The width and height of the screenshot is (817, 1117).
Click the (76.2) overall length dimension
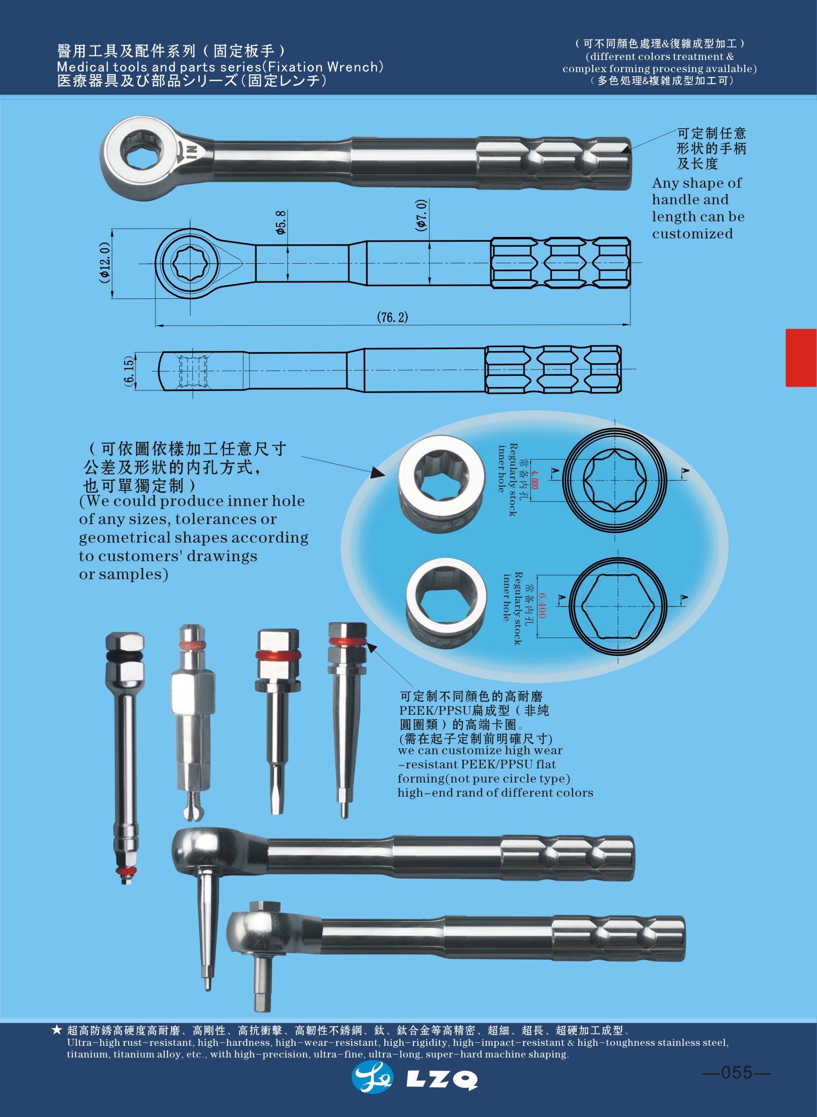pos(393,317)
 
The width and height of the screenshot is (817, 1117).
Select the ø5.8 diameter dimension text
pos(281,222)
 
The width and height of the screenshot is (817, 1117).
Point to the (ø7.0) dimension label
pos(421,216)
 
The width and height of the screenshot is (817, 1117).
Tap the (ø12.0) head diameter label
pos(104,262)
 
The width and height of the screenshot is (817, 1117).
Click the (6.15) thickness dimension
pos(129,371)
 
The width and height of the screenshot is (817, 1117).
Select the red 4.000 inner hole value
pos(534,480)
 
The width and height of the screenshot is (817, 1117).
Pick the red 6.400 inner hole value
pos(543,606)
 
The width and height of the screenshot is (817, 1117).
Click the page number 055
pos(737,1073)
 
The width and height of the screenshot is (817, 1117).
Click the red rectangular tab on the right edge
pos(801,358)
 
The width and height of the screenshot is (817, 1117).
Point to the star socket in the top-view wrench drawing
pos(190,263)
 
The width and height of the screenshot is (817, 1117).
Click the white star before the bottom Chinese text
pos(57,1030)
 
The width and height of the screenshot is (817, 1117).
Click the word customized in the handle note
pos(692,234)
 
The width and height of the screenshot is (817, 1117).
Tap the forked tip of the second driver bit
pos(193,810)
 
